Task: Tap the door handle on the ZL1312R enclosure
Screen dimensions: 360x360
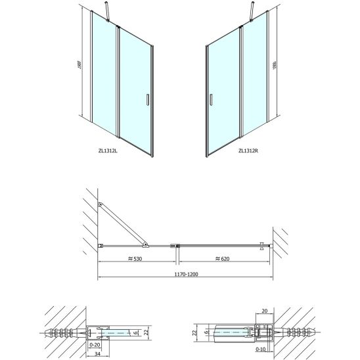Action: click(x=211, y=99)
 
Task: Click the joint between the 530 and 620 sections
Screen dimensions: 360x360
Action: click(x=175, y=246)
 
